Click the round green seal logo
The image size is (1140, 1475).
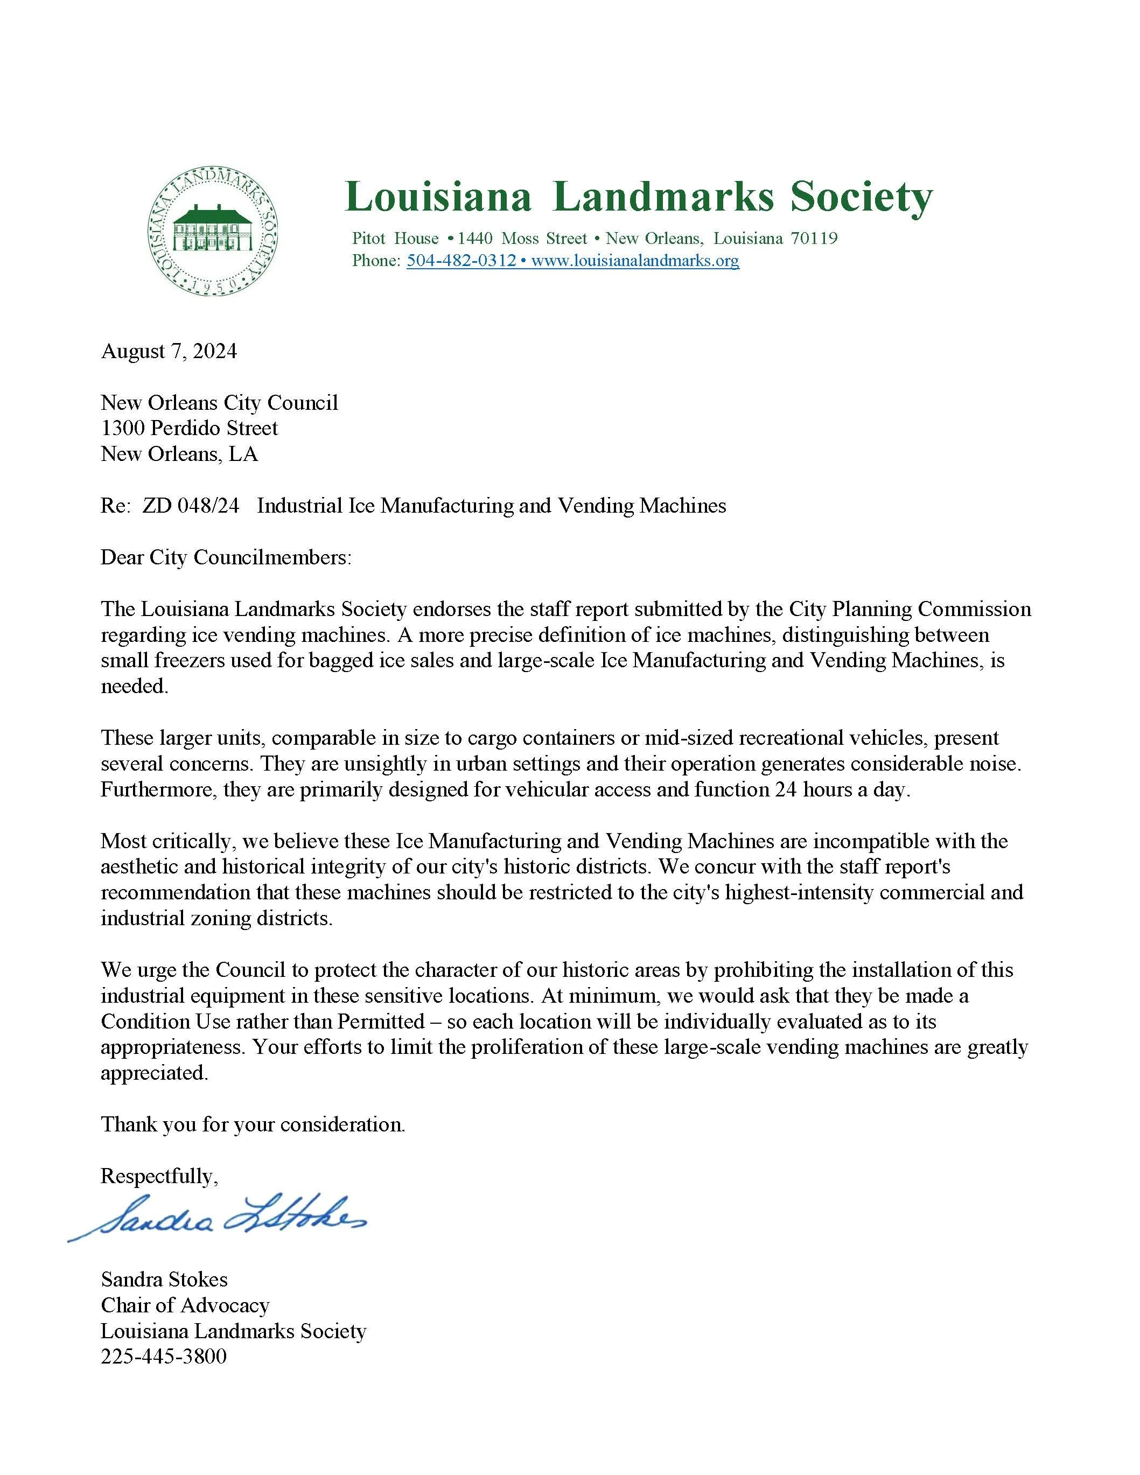(213, 232)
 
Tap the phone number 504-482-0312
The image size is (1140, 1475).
(461, 261)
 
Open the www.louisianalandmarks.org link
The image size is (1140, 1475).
(635, 261)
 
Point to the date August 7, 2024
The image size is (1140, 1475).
(169, 351)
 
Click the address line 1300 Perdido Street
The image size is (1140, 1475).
(189, 428)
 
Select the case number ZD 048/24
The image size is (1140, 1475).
(191, 506)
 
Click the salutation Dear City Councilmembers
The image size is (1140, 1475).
(226, 557)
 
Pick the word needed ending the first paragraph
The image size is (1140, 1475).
(134, 686)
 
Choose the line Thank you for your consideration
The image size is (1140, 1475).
(253, 1124)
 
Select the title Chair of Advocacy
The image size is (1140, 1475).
(185, 1305)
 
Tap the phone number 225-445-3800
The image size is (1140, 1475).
(164, 1357)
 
